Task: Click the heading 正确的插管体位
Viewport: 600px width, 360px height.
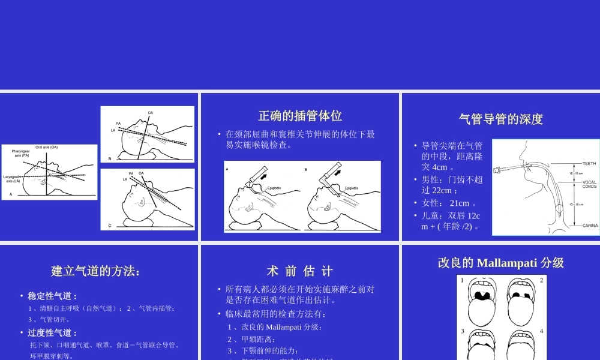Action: click(x=300, y=116)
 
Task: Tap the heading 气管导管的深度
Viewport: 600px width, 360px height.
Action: click(x=500, y=119)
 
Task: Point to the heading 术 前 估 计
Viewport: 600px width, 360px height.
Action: click(x=299, y=271)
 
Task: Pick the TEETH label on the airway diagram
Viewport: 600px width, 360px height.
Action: click(x=589, y=163)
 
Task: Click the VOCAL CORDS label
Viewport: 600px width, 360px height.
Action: click(x=589, y=184)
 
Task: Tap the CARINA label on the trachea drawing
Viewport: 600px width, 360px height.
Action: click(x=589, y=226)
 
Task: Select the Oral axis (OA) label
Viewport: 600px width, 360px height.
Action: click(x=46, y=147)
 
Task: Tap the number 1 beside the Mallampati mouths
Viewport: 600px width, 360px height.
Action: click(x=462, y=280)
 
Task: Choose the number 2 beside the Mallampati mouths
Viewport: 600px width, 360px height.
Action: click(x=541, y=280)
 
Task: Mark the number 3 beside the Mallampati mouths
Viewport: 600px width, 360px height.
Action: click(x=462, y=331)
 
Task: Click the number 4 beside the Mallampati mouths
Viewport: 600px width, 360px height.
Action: click(x=541, y=331)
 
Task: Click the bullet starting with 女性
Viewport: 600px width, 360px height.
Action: click(x=447, y=203)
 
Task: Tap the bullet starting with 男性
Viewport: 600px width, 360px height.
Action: click(x=452, y=184)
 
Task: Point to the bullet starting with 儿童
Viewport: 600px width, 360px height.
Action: click(x=451, y=220)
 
